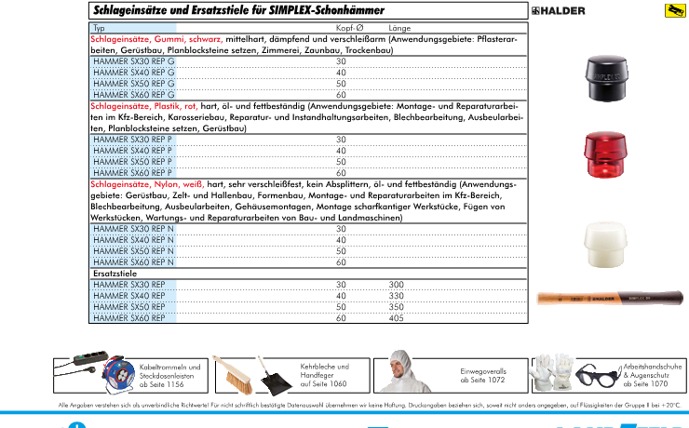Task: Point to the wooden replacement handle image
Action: [x=611, y=297]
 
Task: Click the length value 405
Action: [x=397, y=318]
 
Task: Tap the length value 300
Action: [x=397, y=285]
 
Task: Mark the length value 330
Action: [x=397, y=296]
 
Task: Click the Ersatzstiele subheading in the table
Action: [x=115, y=274]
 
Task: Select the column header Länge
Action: [x=399, y=29]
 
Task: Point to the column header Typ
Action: [x=100, y=29]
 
